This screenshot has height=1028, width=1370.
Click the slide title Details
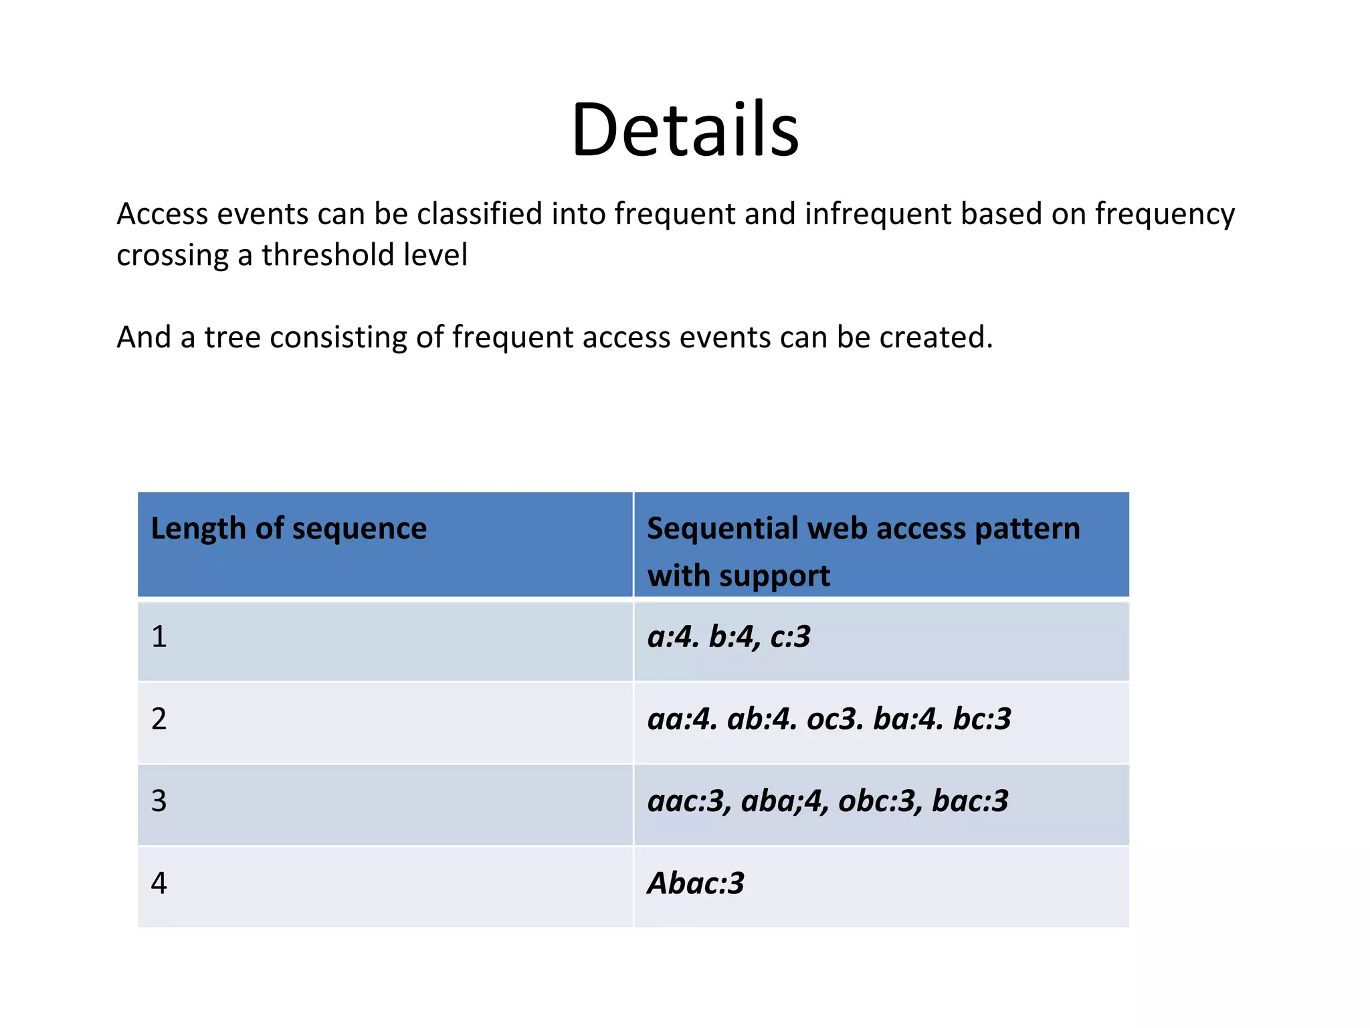tap(685, 130)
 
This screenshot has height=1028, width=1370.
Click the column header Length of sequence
tap(288, 529)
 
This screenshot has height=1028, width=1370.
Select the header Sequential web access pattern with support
tap(863, 551)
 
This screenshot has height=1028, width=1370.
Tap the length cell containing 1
tap(159, 636)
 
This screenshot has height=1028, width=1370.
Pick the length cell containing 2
tap(159, 719)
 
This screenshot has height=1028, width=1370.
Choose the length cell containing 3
tap(159, 801)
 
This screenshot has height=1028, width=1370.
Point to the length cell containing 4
tap(159, 883)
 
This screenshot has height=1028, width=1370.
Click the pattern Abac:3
tap(696, 883)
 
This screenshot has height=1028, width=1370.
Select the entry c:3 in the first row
tap(790, 636)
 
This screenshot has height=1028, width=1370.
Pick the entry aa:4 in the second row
tap(681, 719)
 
